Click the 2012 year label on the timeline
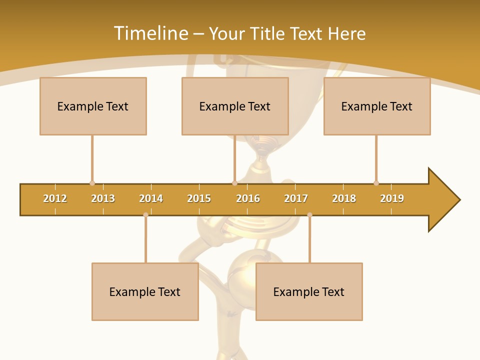[55, 198]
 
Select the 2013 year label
[103, 198]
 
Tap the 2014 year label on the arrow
[151, 198]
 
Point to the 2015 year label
[199, 198]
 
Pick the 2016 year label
[248, 198]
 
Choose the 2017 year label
[296, 198]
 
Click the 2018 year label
[344, 198]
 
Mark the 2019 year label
[392, 198]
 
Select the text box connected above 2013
[93, 106]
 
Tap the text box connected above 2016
[235, 106]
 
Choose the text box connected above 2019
[377, 106]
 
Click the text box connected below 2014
[145, 291]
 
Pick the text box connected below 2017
[309, 291]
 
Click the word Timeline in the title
[150, 33]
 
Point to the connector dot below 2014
[145, 214]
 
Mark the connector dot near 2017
[309, 214]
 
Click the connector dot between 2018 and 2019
[376, 183]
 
